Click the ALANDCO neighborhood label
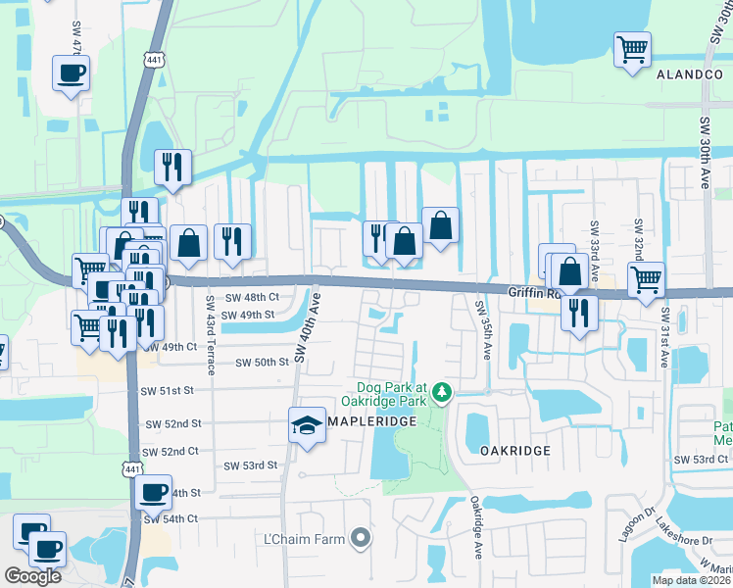tap(689, 74)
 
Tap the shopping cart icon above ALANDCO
tap(633, 49)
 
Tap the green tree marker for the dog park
tap(443, 392)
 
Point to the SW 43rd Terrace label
tap(210, 333)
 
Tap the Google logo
tap(32, 576)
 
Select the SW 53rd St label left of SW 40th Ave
tap(250, 465)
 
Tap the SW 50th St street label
tap(263, 363)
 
